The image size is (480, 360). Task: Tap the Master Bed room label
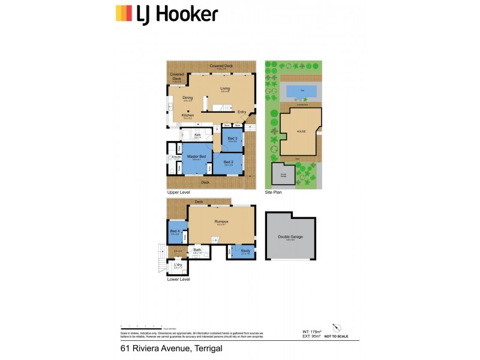coord(196,157)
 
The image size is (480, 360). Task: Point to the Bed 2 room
coord(228,162)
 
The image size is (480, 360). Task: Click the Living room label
coord(225,89)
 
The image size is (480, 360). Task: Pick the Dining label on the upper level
coord(188,98)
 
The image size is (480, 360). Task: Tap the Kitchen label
coord(188,115)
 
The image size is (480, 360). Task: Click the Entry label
coord(242,112)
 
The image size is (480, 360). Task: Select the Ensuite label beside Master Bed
coord(176,157)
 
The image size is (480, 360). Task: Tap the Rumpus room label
coord(221,221)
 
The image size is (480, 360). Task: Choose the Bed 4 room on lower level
coord(175,231)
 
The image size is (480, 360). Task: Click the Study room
coord(245,250)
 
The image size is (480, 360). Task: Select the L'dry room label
coord(178,265)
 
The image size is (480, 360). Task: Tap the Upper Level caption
coord(178,192)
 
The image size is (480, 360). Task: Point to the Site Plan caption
coord(273,192)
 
